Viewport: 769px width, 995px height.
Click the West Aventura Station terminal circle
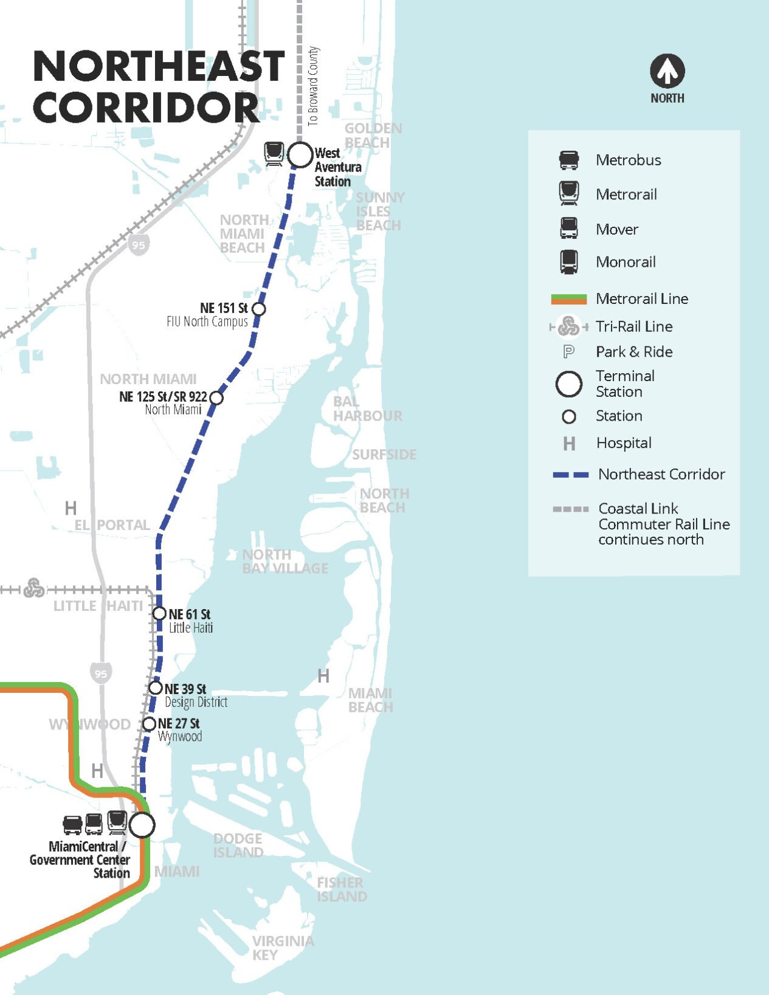pos(300,155)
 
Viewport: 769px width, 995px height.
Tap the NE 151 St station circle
pos(258,309)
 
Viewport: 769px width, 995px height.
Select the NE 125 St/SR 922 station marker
pos(216,398)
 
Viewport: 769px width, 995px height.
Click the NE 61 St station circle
pos(159,613)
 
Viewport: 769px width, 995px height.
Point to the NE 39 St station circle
pos(156,688)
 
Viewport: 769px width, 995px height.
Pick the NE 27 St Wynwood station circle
pos(149,723)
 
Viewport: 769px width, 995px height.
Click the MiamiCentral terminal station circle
pos(142,825)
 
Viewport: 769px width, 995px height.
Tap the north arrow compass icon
pos(667,71)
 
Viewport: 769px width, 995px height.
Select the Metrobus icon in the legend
pos(569,160)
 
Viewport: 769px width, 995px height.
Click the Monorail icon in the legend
pos(569,262)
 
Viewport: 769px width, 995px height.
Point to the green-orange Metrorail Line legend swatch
pos(568,298)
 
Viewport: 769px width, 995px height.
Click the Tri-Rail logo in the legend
pos(569,326)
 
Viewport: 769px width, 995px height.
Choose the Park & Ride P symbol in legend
pos(569,351)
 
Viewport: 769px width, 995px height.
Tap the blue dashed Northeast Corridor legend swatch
pos(570,475)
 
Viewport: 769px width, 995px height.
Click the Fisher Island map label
pos(341,889)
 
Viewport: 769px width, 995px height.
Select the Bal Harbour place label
pos(367,408)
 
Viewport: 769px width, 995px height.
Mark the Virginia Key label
pos(283,948)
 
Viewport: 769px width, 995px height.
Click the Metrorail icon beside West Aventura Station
pos(274,153)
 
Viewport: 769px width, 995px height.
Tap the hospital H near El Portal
pos(71,508)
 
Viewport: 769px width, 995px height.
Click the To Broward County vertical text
pos(312,86)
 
